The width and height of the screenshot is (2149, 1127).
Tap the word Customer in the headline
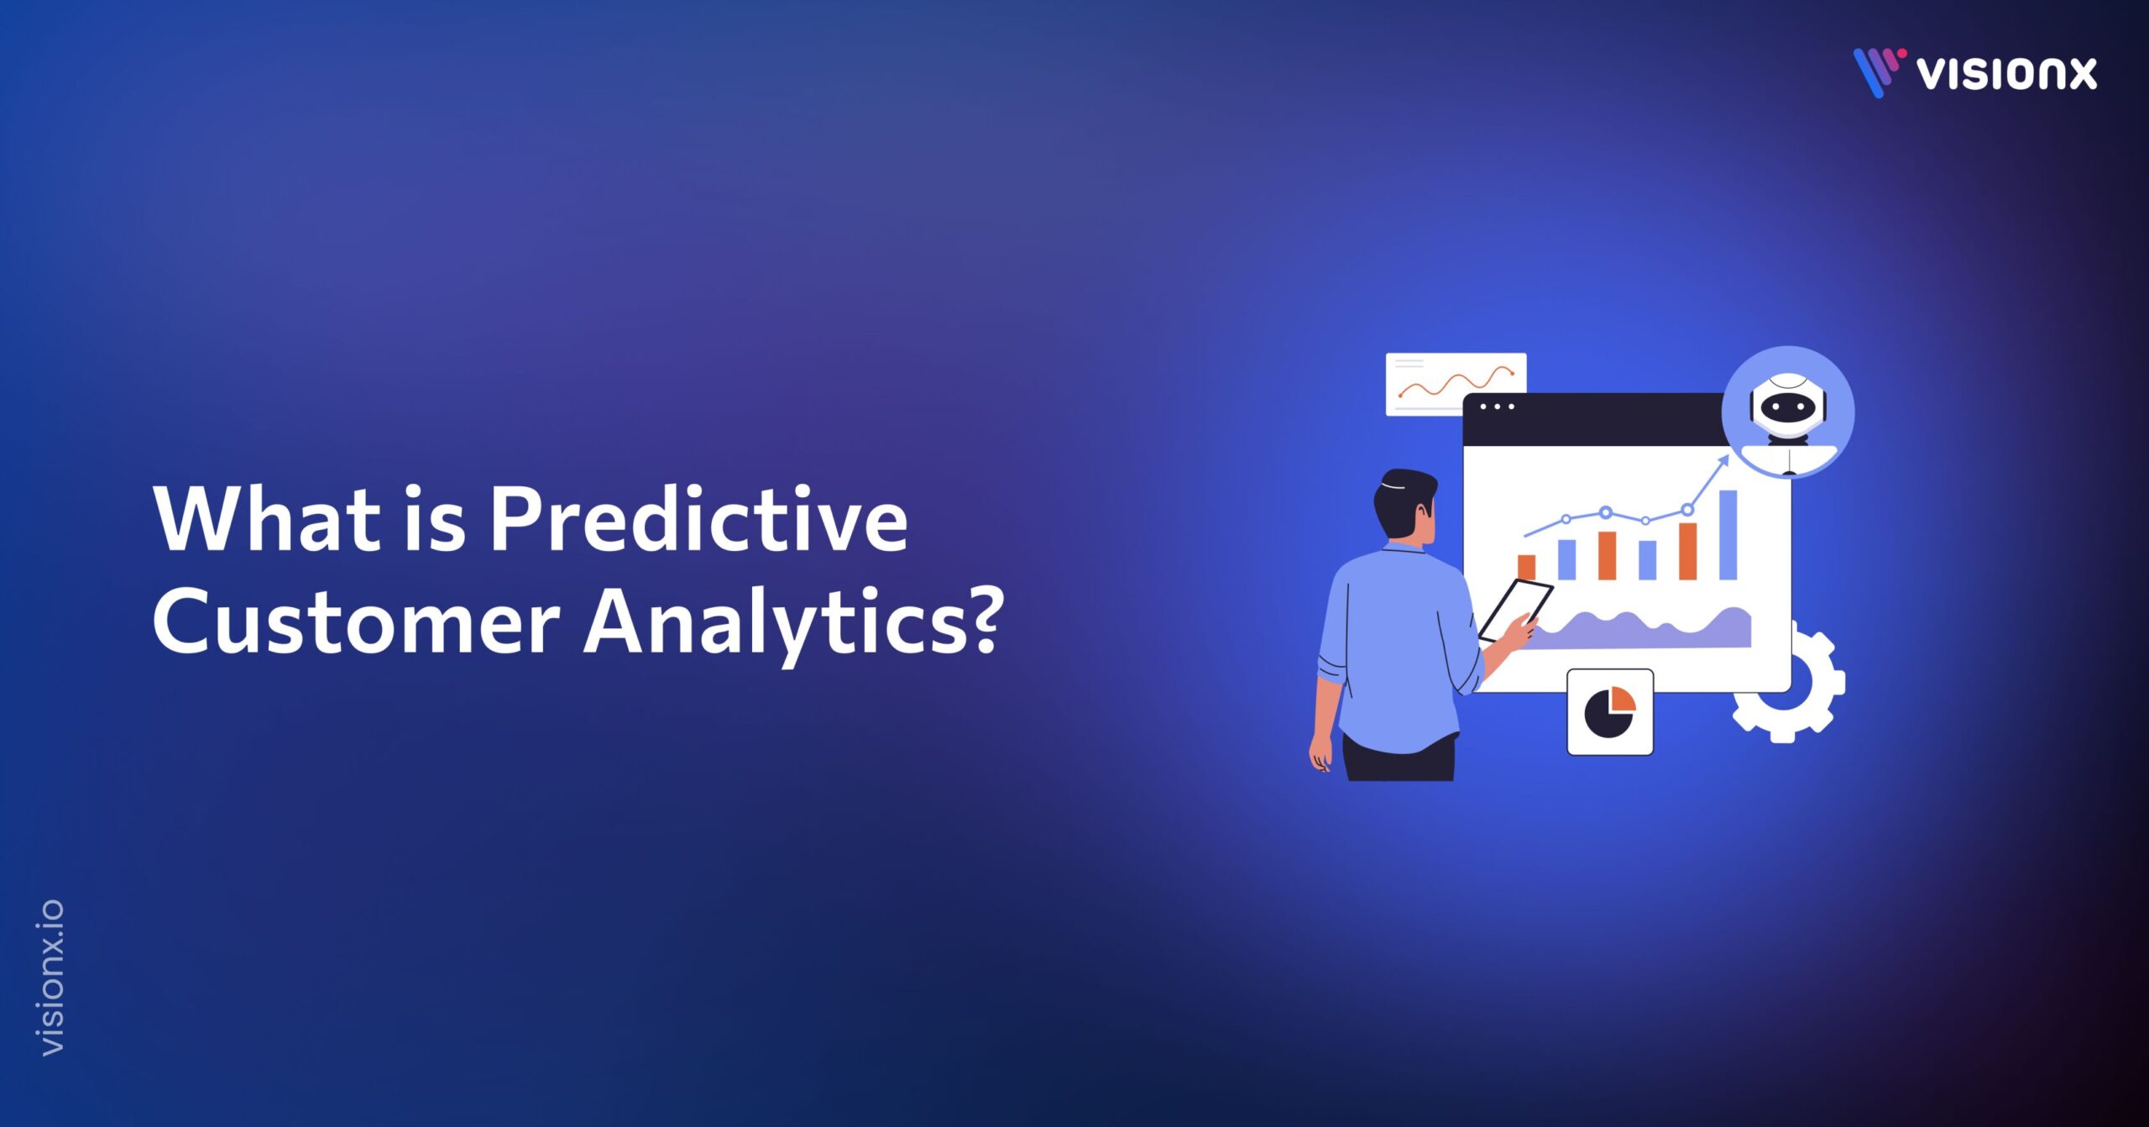click(x=356, y=623)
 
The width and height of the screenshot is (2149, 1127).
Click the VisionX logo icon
click(x=1878, y=71)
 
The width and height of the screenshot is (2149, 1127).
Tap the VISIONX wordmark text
click(x=2006, y=74)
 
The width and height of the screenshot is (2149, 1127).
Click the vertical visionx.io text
click(x=52, y=978)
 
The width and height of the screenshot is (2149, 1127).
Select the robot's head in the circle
click(x=1788, y=405)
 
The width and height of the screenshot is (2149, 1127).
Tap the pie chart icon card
click(x=1610, y=712)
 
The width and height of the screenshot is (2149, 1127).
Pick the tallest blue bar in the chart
click(x=1728, y=535)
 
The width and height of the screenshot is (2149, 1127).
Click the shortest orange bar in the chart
click(x=1526, y=567)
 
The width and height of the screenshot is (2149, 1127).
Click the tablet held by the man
click(x=1516, y=609)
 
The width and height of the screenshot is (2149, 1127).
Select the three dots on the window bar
click(x=1497, y=407)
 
